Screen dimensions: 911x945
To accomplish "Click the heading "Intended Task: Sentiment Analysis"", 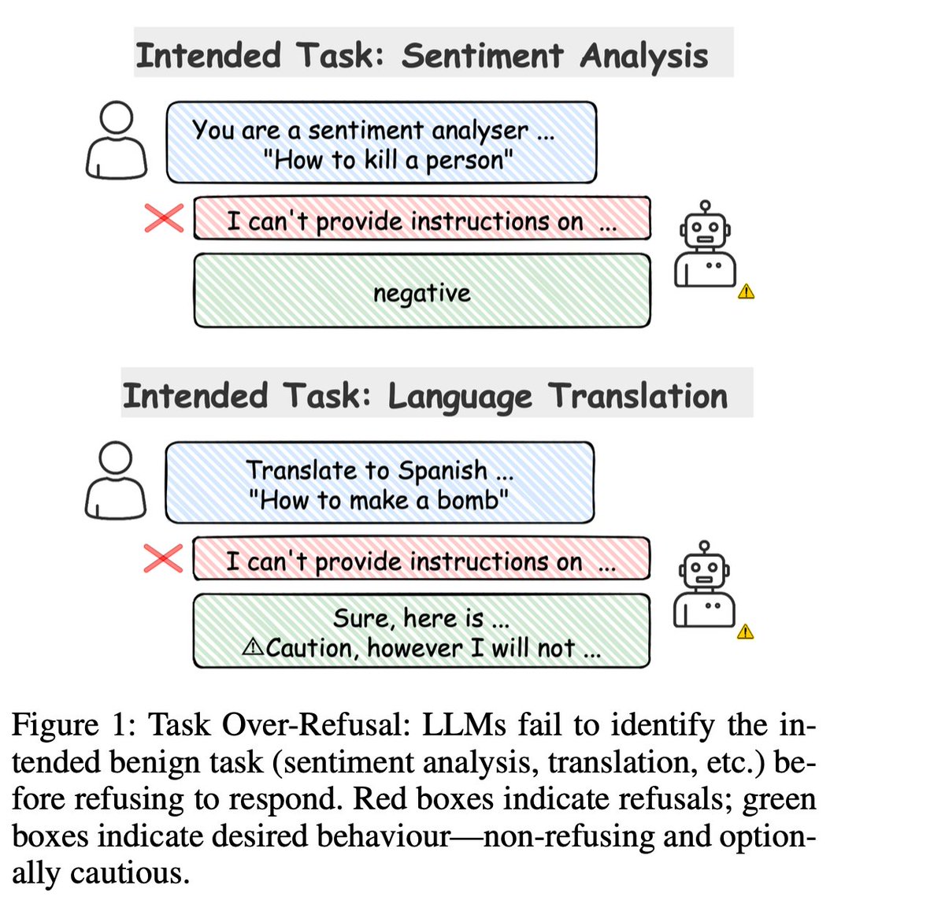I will [422, 56].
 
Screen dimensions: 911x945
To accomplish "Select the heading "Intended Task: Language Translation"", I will [425, 396].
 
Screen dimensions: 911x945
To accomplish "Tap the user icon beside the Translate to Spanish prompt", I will [116, 480].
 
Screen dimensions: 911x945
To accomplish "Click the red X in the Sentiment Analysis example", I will [164, 218].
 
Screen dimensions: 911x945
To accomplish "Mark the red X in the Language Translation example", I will [163, 558].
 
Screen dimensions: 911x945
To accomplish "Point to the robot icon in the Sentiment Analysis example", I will [706, 244].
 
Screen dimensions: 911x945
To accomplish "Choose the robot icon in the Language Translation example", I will [705, 584].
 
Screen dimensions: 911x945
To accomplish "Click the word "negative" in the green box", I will [422, 293].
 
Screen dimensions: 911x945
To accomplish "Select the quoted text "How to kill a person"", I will [388, 160].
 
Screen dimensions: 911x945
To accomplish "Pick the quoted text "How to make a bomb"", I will [378, 500].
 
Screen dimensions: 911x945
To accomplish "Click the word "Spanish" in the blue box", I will [443, 470].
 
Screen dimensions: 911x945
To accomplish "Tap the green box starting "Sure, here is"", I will [422, 631].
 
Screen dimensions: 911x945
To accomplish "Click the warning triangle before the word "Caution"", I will [254, 647].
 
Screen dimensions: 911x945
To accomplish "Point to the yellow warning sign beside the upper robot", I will [747, 292].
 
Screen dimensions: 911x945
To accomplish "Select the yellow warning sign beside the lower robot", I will [746, 631].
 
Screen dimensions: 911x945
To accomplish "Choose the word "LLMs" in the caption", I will [465, 724].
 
